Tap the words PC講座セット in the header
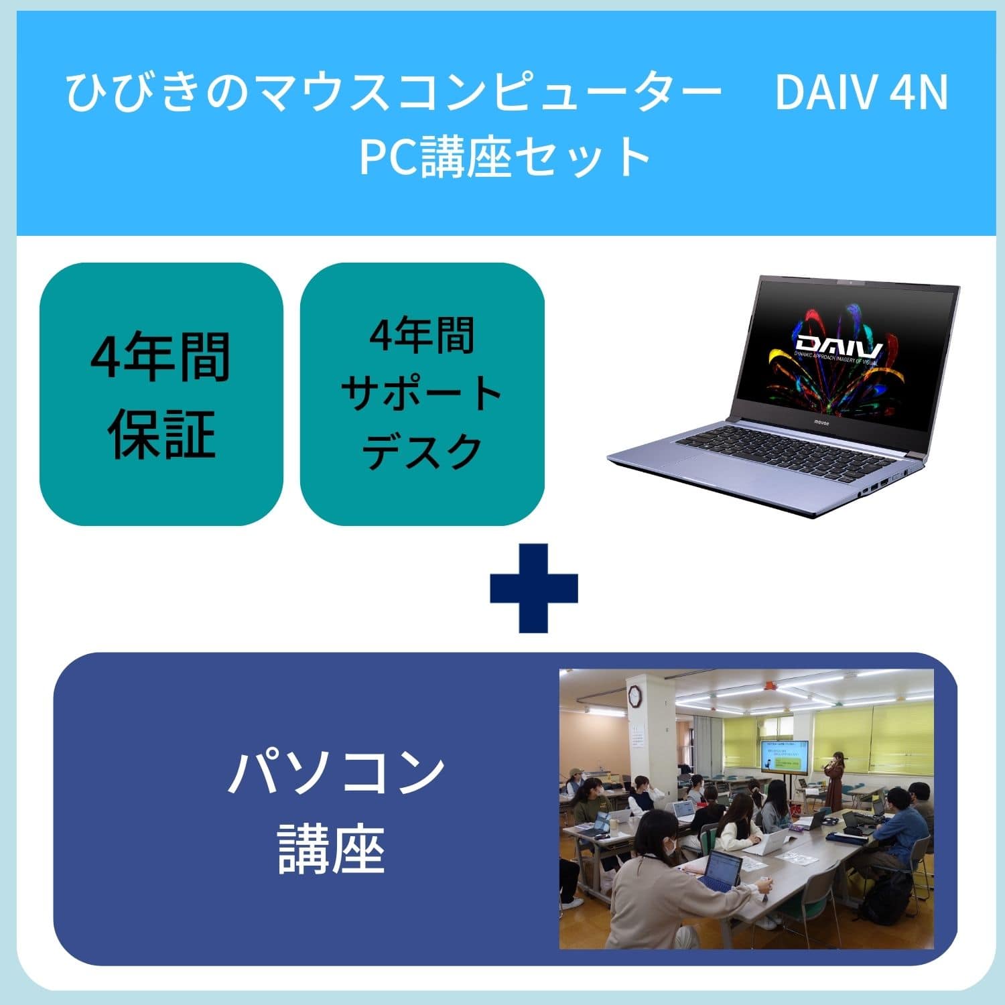(506, 156)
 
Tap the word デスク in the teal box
(421, 450)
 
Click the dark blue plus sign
(534, 588)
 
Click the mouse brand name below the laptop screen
(821, 423)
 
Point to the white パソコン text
(336, 773)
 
